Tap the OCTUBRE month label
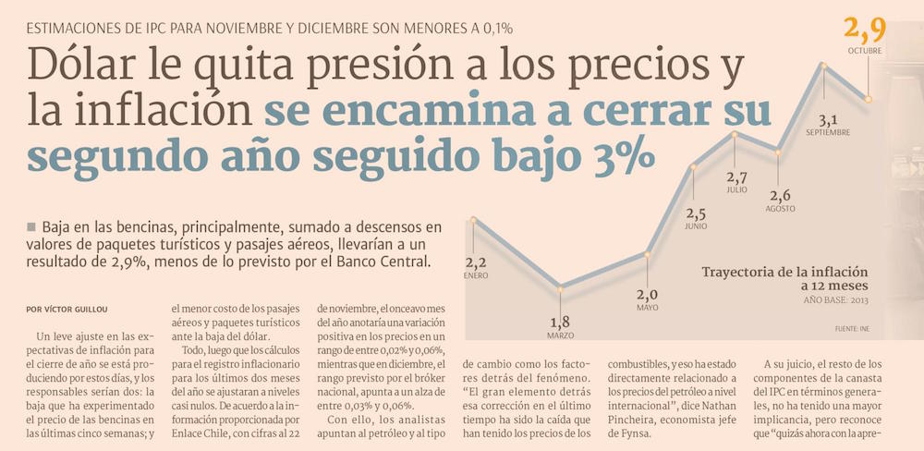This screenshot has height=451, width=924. (x=865, y=52)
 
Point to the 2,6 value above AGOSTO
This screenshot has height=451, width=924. (x=780, y=195)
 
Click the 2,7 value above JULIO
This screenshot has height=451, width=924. (x=736, y=177)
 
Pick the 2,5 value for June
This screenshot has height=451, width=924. (x=696, y=213)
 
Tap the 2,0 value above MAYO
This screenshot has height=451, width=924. (x=647, y=295)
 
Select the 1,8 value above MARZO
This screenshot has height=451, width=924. (x=560, y=322)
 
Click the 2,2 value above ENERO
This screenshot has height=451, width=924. (x=476, y=262)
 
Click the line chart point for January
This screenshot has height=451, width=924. (x=473, y=220)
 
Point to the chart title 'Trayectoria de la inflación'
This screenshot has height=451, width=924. (x=785, y=272)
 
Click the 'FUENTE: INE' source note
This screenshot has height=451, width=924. (x=853, y=329)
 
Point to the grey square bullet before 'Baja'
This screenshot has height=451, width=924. (x=31, y=226)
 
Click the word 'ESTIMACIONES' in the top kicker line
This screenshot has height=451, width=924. (x=85, y=27)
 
